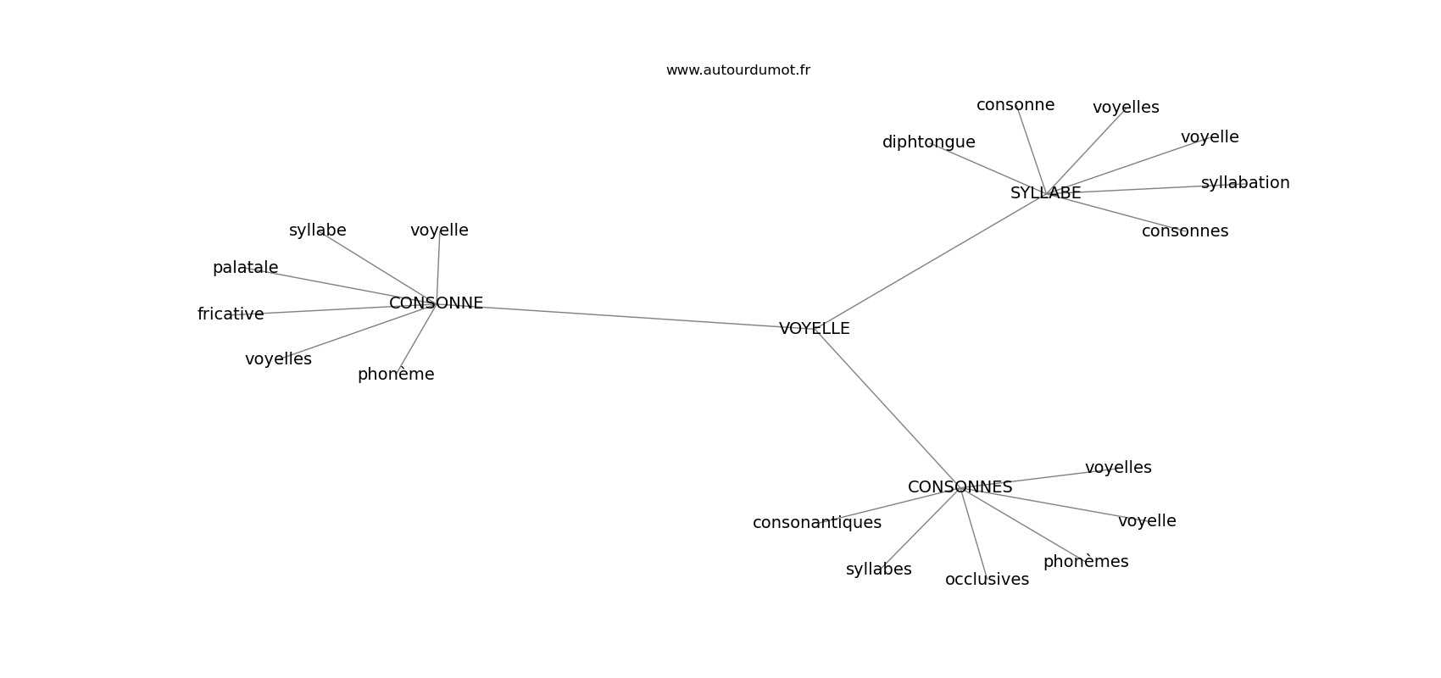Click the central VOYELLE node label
(815, 329)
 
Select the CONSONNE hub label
(437, 303)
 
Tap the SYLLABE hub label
(1045, 193)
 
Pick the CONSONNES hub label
(960, 487)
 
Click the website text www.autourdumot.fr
(737, 70)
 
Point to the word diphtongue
(928, 142)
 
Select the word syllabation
(1245, 183)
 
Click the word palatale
(245, 268)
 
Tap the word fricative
(231, 314)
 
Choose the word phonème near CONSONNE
(396, 375)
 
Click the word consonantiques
(817, 523)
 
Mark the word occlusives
(987, 580)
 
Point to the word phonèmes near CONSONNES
(1086, 562)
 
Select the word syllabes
(879, 570)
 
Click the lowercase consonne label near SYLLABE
(1015, 105)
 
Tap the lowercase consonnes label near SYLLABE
(1185, 231)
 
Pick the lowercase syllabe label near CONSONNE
(317, 231)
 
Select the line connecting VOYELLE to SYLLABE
(930, 261)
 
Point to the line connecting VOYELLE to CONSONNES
(887, 408)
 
